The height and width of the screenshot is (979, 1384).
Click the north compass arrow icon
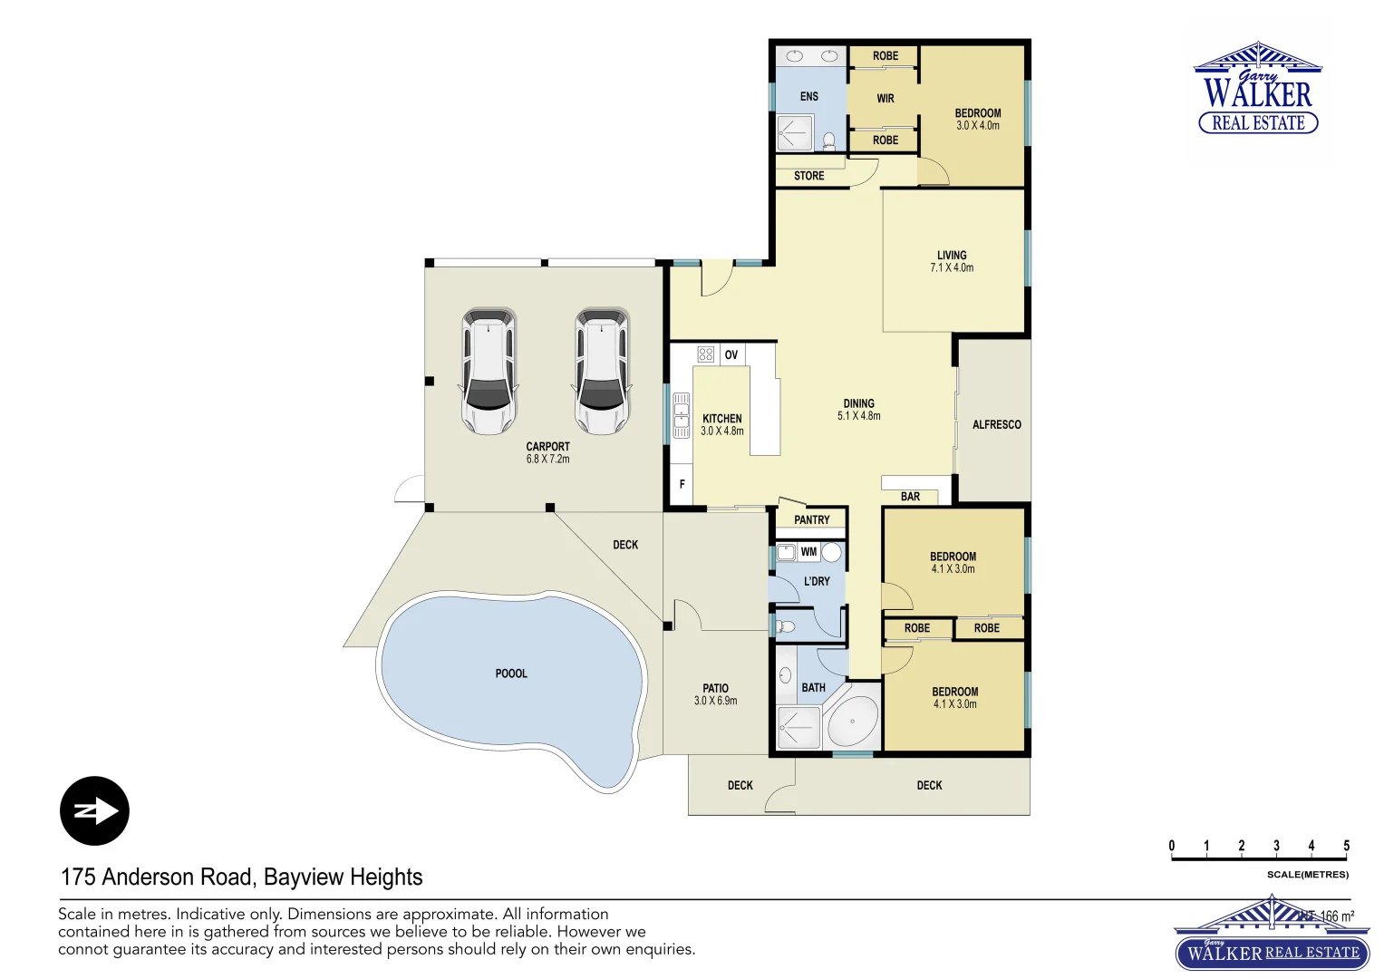94,810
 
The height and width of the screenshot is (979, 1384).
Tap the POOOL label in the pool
511,674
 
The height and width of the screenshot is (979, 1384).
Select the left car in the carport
489,371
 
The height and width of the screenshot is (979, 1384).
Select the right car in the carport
601,371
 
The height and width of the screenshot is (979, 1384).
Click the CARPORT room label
547,447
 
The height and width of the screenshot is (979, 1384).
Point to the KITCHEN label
721,419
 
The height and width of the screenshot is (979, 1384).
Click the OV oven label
731,354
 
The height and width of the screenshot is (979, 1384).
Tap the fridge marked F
682,485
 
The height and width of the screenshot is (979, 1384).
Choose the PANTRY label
811,519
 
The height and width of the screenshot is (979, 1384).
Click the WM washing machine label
808,551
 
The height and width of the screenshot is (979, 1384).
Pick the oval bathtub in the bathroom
852,722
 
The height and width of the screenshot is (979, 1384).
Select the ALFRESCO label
996,424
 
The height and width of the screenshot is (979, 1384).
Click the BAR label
910,497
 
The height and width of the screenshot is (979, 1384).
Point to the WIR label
886,98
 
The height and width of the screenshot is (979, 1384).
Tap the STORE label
808,176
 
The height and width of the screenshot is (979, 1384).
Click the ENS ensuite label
808,96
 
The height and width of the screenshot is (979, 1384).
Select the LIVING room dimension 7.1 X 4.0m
952,268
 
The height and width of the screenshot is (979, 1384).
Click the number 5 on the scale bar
1346,846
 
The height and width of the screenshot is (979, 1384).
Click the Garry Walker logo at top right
1258,89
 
